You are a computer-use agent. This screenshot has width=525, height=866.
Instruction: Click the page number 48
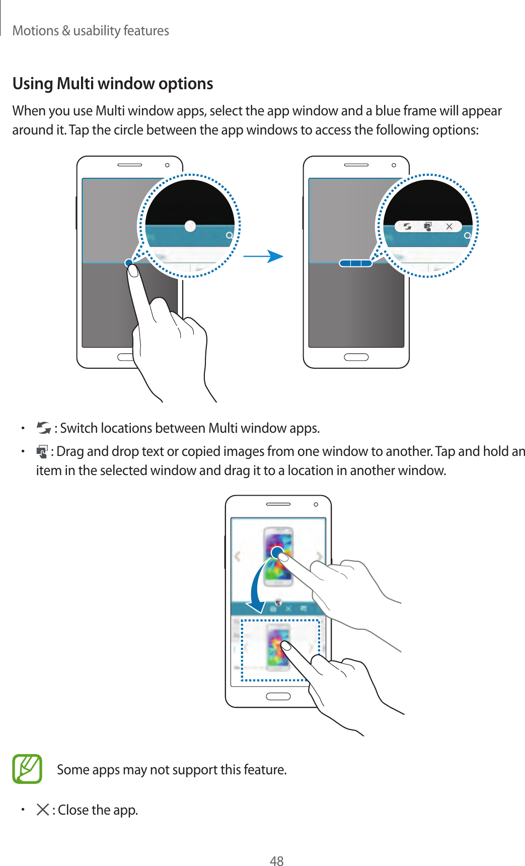(276, 861)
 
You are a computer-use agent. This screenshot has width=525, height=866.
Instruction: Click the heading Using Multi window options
(113, 84)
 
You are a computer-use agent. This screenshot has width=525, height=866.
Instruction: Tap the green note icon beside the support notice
(27, 769)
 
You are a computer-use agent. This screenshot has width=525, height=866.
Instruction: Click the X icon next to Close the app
(43, 810)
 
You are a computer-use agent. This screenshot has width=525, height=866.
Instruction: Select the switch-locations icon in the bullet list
(44, 428)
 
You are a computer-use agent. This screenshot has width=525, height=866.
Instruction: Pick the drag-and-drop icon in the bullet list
(42, 451)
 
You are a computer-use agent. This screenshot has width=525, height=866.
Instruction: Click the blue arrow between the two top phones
(264, 256)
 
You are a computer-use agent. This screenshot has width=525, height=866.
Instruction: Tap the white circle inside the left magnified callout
(190, 226)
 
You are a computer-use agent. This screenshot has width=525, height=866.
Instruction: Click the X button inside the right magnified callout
(449, 227)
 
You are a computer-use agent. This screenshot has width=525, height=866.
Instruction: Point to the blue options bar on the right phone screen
(355, 263)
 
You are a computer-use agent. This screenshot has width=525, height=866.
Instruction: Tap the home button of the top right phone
(356, 357)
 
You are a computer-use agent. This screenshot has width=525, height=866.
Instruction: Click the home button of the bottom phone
(278, 696)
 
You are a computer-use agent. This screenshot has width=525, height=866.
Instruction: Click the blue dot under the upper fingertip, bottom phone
(277, 553)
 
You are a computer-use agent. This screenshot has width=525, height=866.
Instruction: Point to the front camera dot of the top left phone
(167, 165)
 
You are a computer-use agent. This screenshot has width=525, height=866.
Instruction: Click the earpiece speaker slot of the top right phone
(356, 165)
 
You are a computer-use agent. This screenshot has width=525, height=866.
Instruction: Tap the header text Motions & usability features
(91, 31)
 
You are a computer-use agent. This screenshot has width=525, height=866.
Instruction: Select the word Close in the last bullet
(73, 810)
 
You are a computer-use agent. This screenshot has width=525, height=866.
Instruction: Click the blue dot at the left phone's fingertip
(129, 262)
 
